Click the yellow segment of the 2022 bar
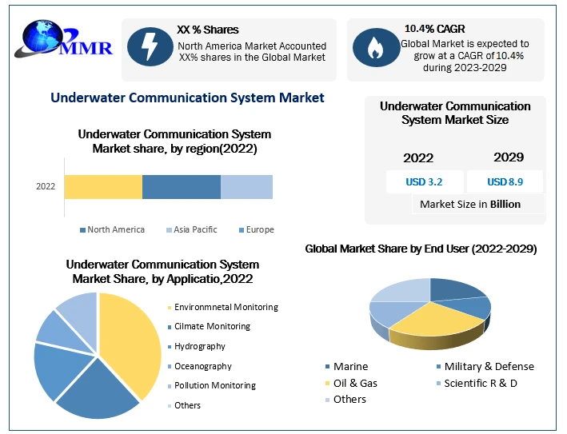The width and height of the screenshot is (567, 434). coord(103,186)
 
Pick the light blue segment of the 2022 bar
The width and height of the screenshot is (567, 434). coord(246,186)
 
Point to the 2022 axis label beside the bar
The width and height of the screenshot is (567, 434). coord(46,187)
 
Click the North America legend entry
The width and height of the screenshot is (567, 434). coord(112,229)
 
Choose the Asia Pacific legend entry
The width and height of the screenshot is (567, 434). coord(191,229)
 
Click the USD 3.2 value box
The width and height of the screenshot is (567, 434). coord(423,181)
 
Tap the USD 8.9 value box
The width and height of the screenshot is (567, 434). coord(505,181)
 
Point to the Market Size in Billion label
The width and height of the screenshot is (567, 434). coord(470,204)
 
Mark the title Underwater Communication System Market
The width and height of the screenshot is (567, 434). coord(187,98)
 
